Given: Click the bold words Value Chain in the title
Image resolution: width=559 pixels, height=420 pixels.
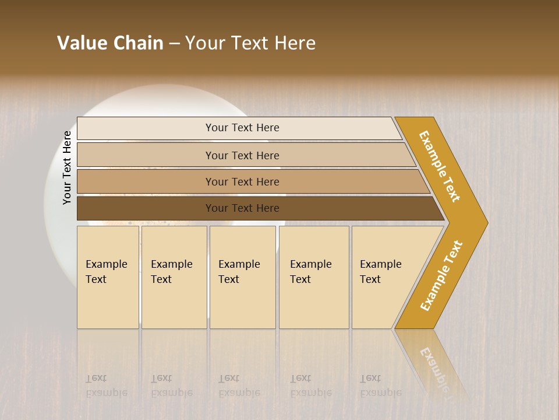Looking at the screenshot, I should [x=110, y=43].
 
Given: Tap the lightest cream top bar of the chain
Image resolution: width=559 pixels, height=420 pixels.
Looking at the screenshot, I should [x=242, y=128].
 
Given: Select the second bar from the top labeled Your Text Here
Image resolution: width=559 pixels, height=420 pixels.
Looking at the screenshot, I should [x=242, y=155].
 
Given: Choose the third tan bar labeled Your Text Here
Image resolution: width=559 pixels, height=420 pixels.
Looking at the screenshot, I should [x=242, y=181].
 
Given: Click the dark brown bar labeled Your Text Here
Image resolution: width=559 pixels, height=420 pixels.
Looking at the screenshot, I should [x=242, y=208].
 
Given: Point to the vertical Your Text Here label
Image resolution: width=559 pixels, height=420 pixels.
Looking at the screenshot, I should [x=67, y=167].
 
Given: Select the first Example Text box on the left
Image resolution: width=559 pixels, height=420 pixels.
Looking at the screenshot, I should [x=108, y=276].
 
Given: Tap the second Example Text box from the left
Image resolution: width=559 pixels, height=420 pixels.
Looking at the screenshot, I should [x=174, y=276].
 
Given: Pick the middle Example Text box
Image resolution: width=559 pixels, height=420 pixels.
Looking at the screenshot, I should [x=242, y=276].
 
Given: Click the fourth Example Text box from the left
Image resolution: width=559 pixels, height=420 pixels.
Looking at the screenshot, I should [x=313, y=276].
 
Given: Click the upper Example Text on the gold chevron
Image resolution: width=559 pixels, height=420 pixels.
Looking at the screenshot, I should [x=440, y=166].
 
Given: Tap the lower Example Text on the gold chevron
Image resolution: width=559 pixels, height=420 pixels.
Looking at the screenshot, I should [x=441, y=275].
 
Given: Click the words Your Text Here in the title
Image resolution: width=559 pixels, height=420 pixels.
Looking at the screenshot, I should [x=250, y=43].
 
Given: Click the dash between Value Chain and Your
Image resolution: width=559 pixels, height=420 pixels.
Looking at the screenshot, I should [x=174, y=44].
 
